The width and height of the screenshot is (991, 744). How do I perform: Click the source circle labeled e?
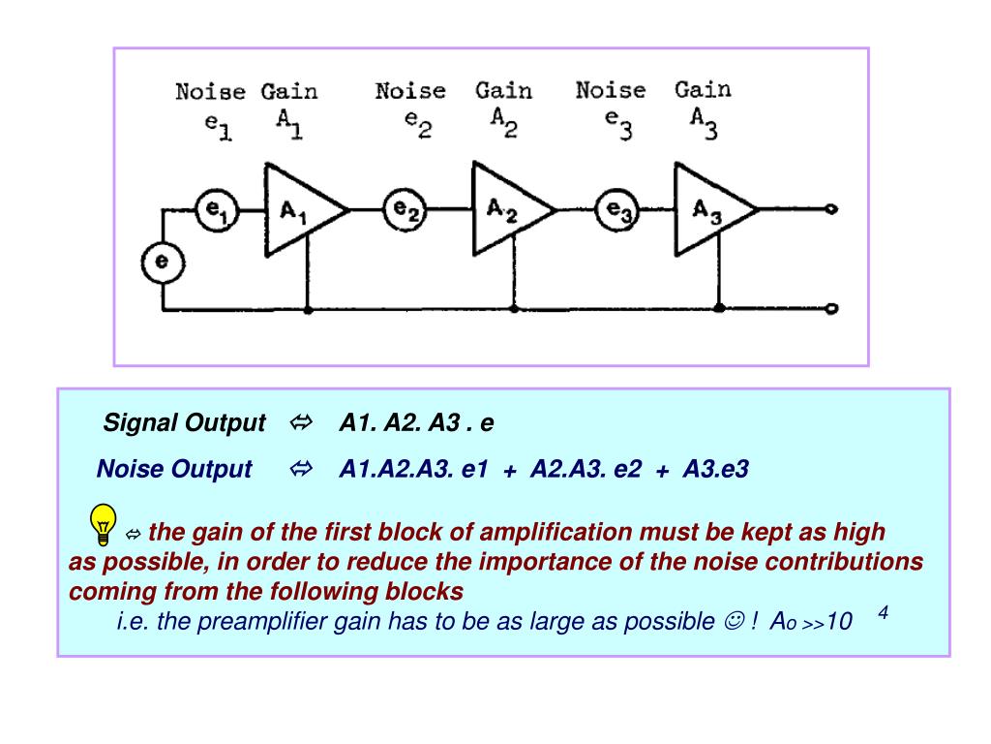(163, 262)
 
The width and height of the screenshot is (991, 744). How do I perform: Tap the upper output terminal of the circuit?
(831, 209)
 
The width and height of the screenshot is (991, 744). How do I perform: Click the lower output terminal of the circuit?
(831, 309)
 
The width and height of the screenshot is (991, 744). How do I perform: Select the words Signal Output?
(184, 423)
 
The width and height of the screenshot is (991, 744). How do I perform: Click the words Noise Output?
(174, 470)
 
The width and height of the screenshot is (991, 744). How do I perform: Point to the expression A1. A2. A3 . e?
(416, 423)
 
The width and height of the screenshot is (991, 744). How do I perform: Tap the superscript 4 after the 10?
(884, 613)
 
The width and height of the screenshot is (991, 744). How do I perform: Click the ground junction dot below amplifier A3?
(719, 308)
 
